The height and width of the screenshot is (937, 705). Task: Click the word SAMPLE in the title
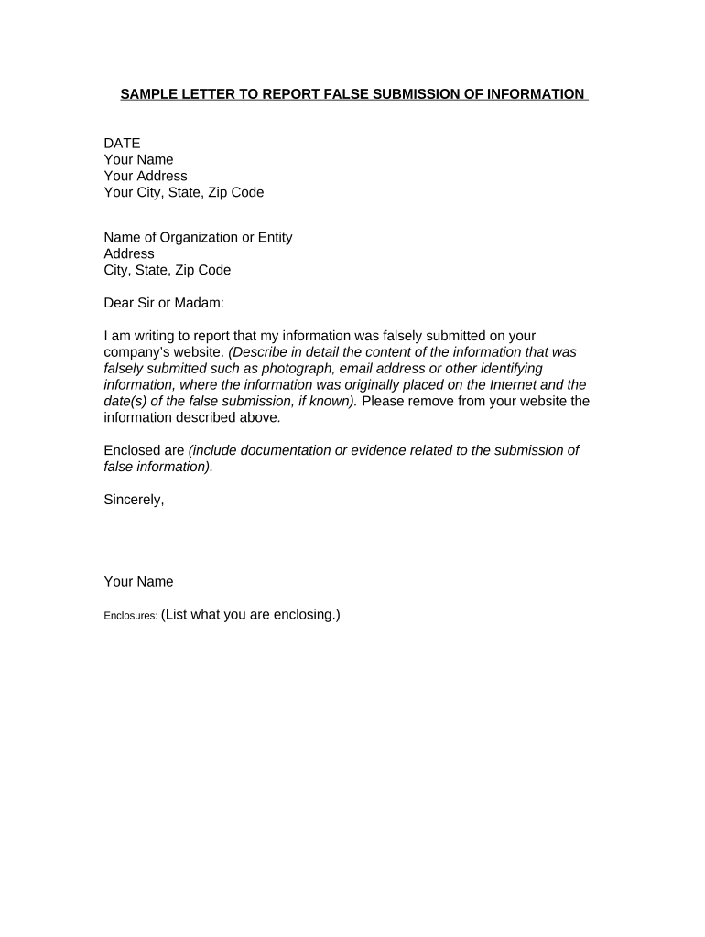click(149, 94)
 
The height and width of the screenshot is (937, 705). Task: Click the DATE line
click(122, 143)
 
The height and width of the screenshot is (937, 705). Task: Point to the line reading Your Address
click(146, 176)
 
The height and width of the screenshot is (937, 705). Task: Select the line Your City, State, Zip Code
click(184, 192)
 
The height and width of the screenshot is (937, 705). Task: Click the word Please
click(384, 401)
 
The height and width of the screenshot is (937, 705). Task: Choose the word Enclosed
click(132, 450)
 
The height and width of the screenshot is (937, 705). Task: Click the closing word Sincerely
click(134, 500)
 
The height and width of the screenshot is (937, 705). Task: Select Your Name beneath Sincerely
click(138, 582)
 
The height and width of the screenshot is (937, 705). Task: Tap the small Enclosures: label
click(130, 617)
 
